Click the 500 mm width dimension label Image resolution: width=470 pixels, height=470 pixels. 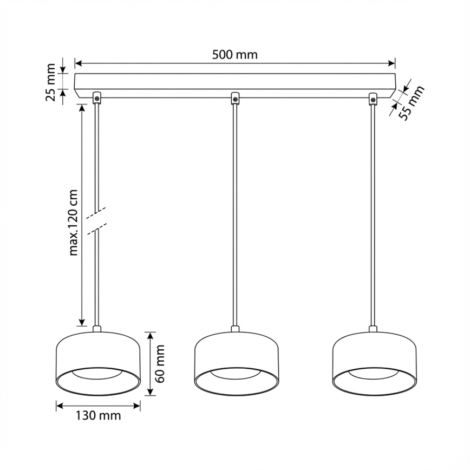coord(234,54)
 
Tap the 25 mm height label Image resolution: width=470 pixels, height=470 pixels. coord(50,82)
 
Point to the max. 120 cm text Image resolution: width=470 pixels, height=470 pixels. coord(74,222)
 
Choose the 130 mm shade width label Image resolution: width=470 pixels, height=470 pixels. coord(98,416)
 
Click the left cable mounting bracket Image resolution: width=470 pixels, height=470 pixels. coord(97,98)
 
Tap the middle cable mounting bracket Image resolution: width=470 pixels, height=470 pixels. coord(235,98)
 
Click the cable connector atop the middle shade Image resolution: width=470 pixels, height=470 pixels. coord(236,329)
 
